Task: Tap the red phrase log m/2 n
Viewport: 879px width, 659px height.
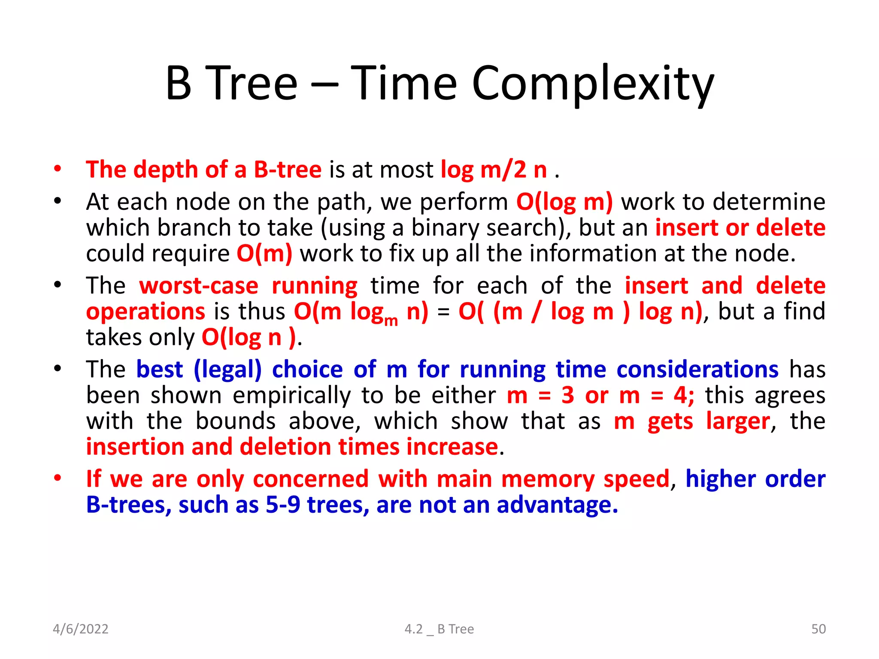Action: click(x=494, y=170)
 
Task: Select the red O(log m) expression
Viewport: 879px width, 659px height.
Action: click(x=564, y=202)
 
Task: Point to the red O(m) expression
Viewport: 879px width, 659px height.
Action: click(x=264, y=254)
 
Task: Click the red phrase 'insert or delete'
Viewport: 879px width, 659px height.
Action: click(x=740, y=228)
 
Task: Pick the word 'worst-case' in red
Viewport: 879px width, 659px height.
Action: click(x=199, y=286)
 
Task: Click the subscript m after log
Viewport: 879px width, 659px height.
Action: click(x=391, y=320)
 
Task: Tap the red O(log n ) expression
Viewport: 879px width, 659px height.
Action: click(x=249, y=338)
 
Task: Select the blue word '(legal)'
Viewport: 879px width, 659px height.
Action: click(x=227, y=369)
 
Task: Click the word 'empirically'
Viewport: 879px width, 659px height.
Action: click(x=292, y=396)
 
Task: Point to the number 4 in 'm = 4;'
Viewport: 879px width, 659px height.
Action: click(x=681, y=396)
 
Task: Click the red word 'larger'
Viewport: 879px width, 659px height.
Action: click(x=738, y=421)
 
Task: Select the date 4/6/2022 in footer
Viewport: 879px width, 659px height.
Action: click(x=80, y=629)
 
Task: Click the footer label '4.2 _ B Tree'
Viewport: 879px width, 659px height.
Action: click(x=439, y=629)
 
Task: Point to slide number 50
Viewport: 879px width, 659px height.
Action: click(x=818, y=629)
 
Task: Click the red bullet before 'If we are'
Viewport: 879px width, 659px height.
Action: click(x=58, y=478)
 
